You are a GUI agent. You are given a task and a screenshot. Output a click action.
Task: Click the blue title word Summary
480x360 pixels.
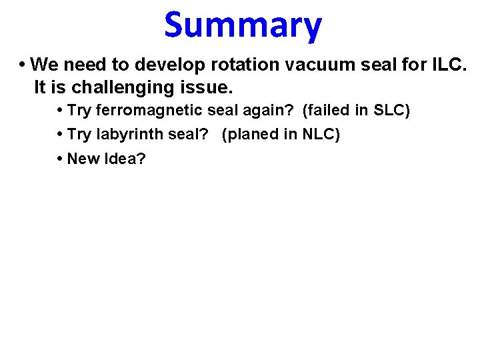[243, 25]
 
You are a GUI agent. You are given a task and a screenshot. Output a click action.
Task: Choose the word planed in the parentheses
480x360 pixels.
[250, 135]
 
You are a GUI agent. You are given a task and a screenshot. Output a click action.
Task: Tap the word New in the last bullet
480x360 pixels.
[83, 159]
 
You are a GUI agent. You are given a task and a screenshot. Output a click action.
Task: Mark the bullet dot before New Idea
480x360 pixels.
[60, 159]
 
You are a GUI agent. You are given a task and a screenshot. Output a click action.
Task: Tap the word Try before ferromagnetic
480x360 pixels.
[79, 111]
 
